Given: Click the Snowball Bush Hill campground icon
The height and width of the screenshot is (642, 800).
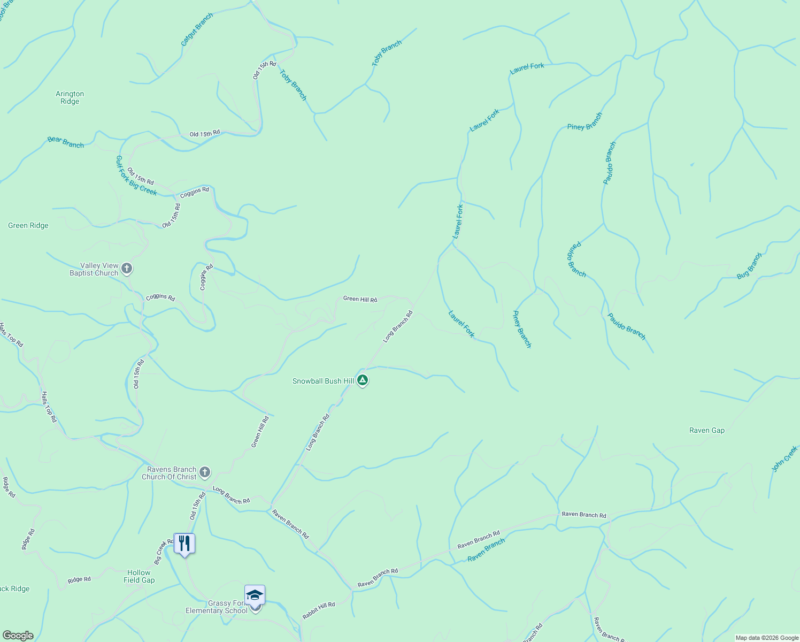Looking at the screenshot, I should tap(363, 380).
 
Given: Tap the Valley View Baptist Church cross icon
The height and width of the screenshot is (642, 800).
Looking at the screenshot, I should tap(127, 268).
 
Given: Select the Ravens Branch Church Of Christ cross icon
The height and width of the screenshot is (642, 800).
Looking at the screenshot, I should tap(204, 472).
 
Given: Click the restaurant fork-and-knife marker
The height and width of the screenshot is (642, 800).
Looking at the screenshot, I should tap(184, 544).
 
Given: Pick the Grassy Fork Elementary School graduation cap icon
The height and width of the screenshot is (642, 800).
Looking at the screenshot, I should tap(255, 595).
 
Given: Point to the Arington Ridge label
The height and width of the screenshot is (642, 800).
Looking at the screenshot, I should tap(70, 97).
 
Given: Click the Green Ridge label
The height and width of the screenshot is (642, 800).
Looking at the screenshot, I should tap(28, 226).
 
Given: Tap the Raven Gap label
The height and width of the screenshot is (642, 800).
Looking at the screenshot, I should tap(707, 431).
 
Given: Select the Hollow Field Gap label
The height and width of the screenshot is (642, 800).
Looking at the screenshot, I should tap(139, 576).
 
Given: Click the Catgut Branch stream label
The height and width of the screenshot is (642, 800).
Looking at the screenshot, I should tap(197, 29).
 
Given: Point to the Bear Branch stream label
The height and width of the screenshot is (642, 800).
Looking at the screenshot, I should tap(66, 142).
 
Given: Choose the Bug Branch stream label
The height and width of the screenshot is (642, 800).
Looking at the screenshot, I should tap(749, 265).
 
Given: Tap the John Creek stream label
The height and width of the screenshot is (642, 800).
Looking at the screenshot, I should tap(784, 459).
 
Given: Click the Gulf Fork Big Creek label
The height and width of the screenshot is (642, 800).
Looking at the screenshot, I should tap(136, 175).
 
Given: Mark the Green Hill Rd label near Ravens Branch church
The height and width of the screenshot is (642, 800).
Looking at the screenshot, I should tap(260, 432).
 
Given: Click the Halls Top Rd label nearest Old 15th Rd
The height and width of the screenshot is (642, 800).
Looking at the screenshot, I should tap(49, 407).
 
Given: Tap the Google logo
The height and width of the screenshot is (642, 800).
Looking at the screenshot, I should tap(18, 636).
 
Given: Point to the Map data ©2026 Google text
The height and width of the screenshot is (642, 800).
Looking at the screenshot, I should tap(767, 638).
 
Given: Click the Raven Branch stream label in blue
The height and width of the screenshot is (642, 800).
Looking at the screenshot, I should tap(486, 550).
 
